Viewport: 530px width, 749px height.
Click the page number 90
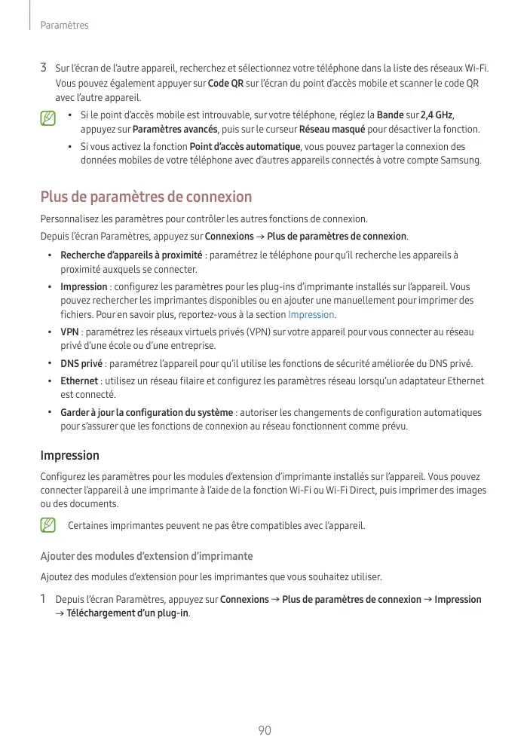point(265,730)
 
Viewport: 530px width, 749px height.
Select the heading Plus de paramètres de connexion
point(146,197)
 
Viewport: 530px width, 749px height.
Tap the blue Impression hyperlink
point(311,314)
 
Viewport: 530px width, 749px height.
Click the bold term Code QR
point(225,83)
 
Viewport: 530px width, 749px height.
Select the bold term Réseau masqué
point(332,129)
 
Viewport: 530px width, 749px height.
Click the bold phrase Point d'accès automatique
point(245,146)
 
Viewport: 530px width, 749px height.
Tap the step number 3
point(44,68)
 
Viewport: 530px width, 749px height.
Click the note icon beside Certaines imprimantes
point(48,524)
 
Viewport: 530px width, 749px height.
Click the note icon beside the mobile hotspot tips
point(48,118)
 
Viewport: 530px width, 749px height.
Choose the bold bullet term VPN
point(69,332)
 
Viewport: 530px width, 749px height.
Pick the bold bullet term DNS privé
point(81,364)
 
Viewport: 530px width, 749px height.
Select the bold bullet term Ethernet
point(79,381)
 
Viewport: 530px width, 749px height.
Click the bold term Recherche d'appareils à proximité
point(131,255)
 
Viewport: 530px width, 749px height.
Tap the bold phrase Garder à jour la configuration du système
point(146,412)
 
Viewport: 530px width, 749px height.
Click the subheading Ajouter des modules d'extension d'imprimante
point(146,556)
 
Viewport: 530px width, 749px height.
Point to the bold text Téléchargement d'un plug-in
point(127,613)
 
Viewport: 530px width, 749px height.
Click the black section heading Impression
point(69,455)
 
